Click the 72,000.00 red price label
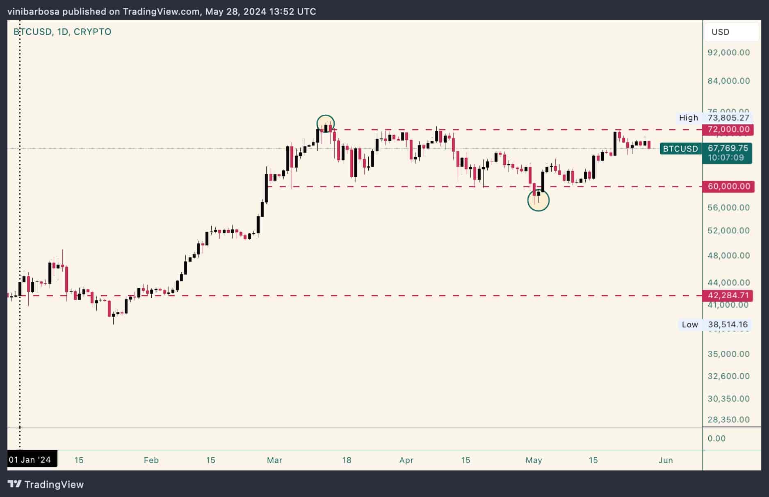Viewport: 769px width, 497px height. click(728, 129)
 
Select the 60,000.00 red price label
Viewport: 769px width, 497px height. click(728, 186)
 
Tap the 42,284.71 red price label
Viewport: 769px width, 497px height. click(728, 295)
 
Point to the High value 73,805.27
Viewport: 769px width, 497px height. click(728, 118)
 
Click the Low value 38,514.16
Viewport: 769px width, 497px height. click(728, 325)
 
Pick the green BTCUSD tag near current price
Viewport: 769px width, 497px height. click(680, 149)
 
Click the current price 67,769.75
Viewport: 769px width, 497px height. click(728, 148)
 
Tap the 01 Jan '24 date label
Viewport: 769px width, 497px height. click(30, 460)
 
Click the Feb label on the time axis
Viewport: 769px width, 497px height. click(151, 460)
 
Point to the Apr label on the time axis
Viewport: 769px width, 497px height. click(406, 460)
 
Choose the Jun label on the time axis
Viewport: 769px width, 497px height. click(665, 460)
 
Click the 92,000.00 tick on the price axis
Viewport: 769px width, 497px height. click(728, 52)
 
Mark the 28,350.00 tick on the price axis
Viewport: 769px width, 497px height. click(728, 420)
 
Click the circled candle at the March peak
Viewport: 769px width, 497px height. click(326, 124)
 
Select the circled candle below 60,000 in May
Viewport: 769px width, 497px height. click(538, 200)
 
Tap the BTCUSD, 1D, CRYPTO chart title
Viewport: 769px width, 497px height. click(62, 32)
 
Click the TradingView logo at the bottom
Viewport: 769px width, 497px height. click(46, 484)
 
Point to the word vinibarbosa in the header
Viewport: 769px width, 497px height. click(34, 11)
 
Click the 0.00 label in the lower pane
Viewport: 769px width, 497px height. click(717, 438)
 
